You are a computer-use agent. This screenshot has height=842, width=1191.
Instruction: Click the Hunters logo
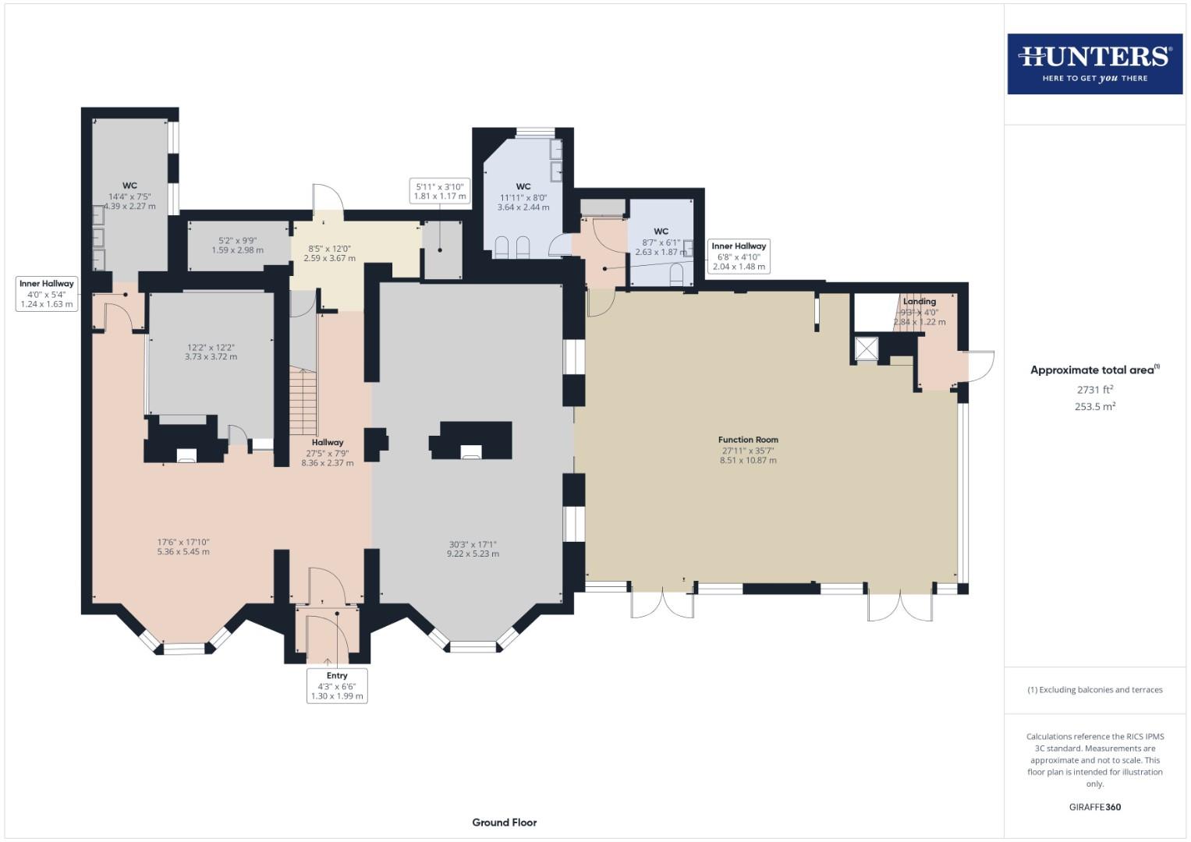[x=1094, y=64]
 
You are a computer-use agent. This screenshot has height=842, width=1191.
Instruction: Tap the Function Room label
[x=748, y=440]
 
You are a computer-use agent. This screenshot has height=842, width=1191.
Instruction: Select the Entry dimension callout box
[x=337, y=685]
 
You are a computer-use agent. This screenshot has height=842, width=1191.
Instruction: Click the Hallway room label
[x=327, y=443]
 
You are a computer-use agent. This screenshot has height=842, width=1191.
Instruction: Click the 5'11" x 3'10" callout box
[x=440, y=191]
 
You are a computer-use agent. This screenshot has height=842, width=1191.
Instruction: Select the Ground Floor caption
[x=504, y=822]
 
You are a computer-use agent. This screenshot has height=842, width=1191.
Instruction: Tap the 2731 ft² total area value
[x=1094, y=389]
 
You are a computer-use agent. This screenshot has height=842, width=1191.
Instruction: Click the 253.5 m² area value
[x=1094, y=406]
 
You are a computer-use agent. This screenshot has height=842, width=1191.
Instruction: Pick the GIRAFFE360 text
[x=1094, y=807]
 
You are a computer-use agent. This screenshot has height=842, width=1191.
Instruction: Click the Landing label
[x=919, y=302]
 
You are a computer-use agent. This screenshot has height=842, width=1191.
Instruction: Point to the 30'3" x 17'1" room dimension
[x=473, y=549]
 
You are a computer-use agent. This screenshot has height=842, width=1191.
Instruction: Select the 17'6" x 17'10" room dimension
[x=183, y=547]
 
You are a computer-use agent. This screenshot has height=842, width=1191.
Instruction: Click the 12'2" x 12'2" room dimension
[x=211, y=352]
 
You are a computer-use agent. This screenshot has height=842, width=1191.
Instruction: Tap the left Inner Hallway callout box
[x=47, y=294]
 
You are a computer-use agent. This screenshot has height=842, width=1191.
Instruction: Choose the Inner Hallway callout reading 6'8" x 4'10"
[x=739, y=256]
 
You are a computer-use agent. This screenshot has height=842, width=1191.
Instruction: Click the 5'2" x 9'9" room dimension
[x=237, y=246]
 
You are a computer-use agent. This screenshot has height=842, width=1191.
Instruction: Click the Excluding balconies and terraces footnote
[x=1094, y=690]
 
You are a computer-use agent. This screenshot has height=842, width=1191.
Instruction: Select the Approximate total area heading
[x=1094, y=370]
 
